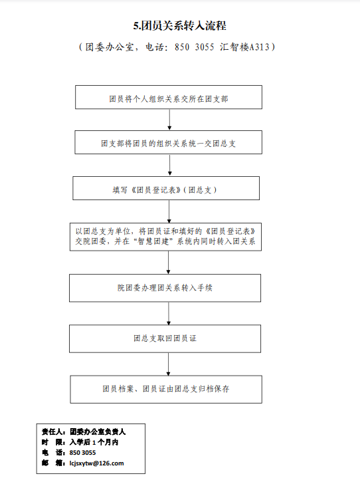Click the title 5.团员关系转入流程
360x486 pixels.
click(179, 26)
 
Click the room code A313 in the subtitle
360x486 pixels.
click(260, 47)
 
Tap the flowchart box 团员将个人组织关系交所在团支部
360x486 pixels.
click(169, 97)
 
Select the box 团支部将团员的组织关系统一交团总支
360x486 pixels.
click(169, 142)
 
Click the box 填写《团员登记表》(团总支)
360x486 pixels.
click(166, 188)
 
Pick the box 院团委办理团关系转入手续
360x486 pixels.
click(165, 288)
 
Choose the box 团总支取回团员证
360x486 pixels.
click(165, 339)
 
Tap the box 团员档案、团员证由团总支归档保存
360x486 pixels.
click(166, 390)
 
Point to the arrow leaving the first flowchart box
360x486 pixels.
click(169, 120)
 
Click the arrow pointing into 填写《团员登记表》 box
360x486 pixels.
click(169, 165)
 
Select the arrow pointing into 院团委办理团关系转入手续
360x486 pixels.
click(169, 262)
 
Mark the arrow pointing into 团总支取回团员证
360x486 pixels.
click(169, 313)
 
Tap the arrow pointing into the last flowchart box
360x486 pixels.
click(169, 364)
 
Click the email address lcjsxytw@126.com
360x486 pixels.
click(96, 463)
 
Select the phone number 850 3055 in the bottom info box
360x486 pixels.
click(82, 453)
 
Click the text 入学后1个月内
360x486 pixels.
click(94, 442)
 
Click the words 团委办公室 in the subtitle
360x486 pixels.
click(110, 47)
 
